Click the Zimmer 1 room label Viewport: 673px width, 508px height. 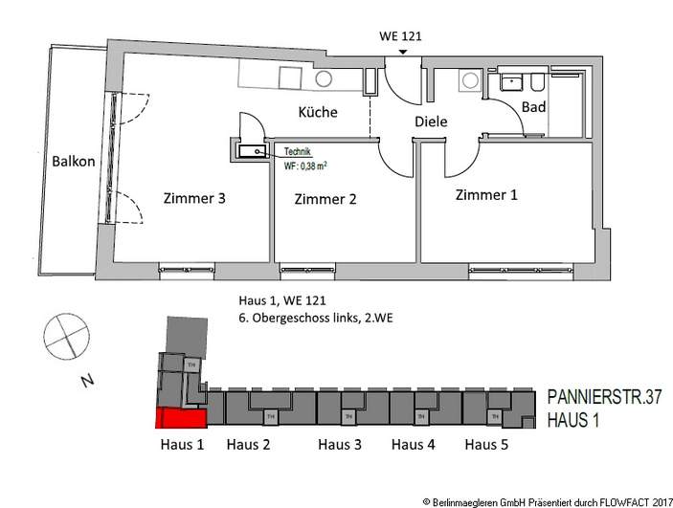point(485,195)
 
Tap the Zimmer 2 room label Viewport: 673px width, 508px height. point(325,200)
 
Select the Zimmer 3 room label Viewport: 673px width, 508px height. point(194,200)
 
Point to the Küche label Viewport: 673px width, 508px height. point(318,113)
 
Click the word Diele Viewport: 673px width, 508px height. point(431,121)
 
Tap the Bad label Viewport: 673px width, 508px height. point(533,107)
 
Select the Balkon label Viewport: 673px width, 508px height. point(74,162)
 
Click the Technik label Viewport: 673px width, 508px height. point(297,152)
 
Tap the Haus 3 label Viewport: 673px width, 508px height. point(340,445)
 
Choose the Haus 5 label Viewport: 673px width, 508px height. point(487,445)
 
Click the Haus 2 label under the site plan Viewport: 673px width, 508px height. point(248,445)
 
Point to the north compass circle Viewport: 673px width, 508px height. point(65,338)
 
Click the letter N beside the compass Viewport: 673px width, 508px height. point(87,381)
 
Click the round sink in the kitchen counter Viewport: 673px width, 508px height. point(324,78)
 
